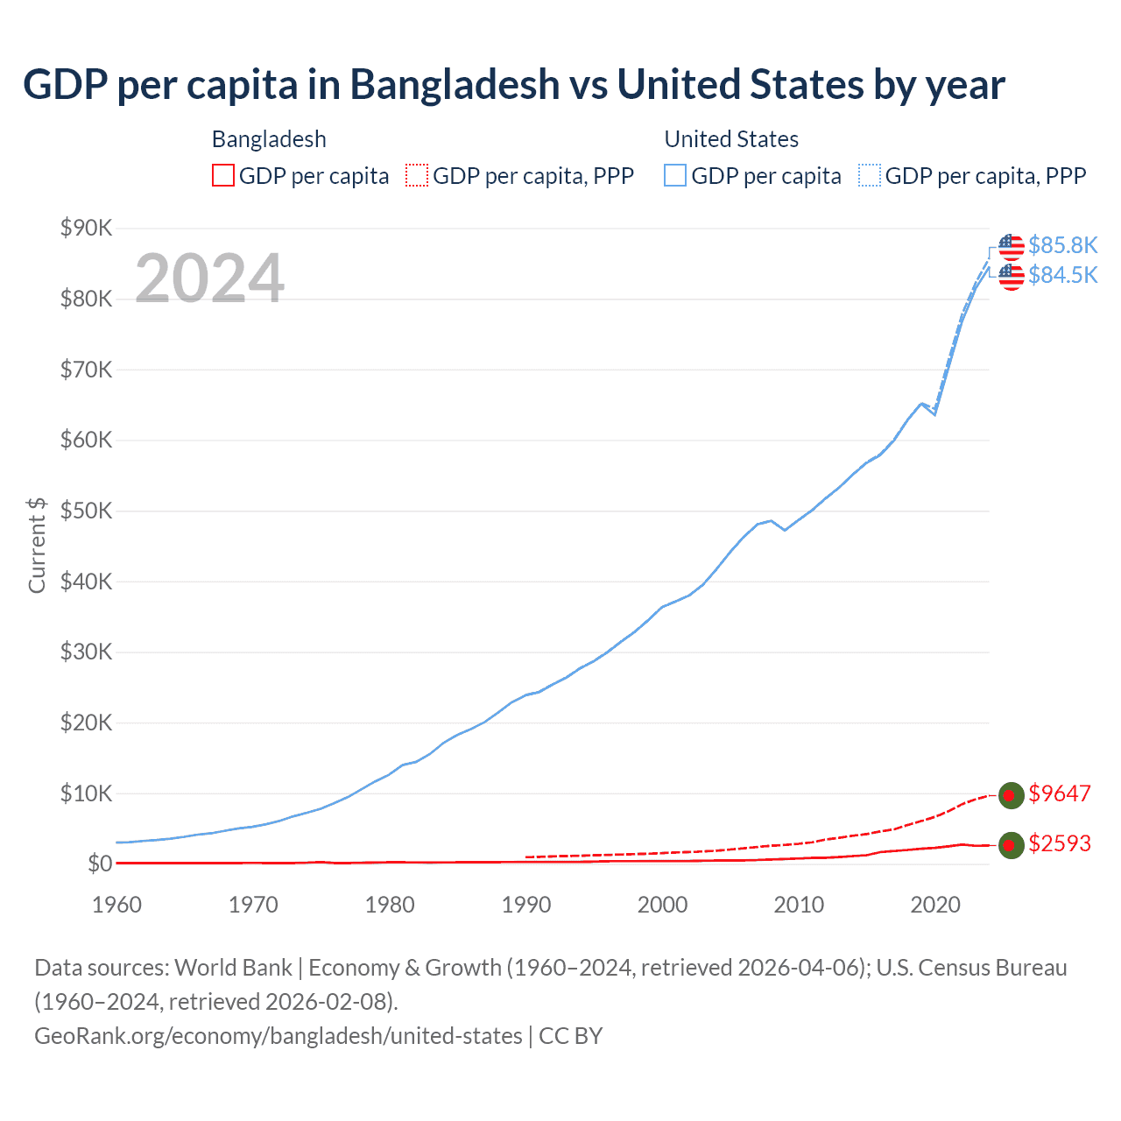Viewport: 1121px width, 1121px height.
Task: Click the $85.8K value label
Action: point(1062,245)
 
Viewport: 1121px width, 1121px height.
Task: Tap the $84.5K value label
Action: point(1062,275)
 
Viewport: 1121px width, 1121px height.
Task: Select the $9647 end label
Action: point(1060,793)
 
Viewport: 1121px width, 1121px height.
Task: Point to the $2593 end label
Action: point(1060,843)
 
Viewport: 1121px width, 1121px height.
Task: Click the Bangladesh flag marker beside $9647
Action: point(1012,794)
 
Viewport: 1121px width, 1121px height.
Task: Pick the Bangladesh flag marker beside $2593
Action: point(1012,844)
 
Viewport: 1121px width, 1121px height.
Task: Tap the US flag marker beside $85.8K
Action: point(1012,246)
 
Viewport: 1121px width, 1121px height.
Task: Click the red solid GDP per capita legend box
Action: point(223,175)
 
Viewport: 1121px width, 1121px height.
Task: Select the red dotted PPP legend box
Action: point(417,175)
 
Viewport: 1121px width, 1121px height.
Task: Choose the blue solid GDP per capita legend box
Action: point(675,175)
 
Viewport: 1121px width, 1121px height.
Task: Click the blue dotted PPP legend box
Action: point(870,175)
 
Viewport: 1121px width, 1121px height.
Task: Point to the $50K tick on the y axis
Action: point(86,511)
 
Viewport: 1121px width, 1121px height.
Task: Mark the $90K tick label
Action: point(86,229)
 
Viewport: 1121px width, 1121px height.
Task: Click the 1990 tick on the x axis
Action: point(526,905)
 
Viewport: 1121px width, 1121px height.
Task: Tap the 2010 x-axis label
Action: point(799,905)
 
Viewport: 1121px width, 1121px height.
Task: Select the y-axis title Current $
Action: point(37,546)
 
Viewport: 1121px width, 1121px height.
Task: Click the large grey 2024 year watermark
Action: point(209,278)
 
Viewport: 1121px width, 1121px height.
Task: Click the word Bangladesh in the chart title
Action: point(455,85)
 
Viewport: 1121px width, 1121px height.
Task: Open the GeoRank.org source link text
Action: point(278,1036)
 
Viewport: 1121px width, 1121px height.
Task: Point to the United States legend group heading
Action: point(731,139)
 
